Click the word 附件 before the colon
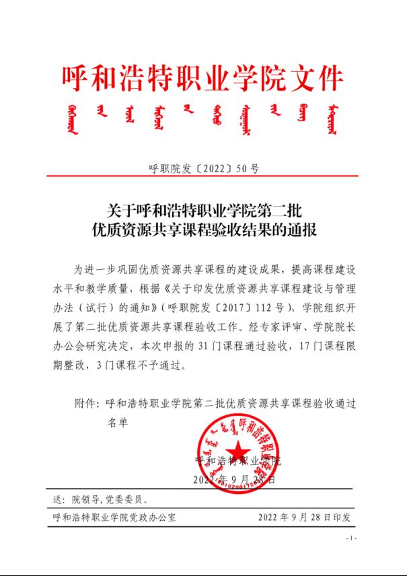[84, 404]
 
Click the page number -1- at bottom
[350, 539]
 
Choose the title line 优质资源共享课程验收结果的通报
[204, 230]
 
